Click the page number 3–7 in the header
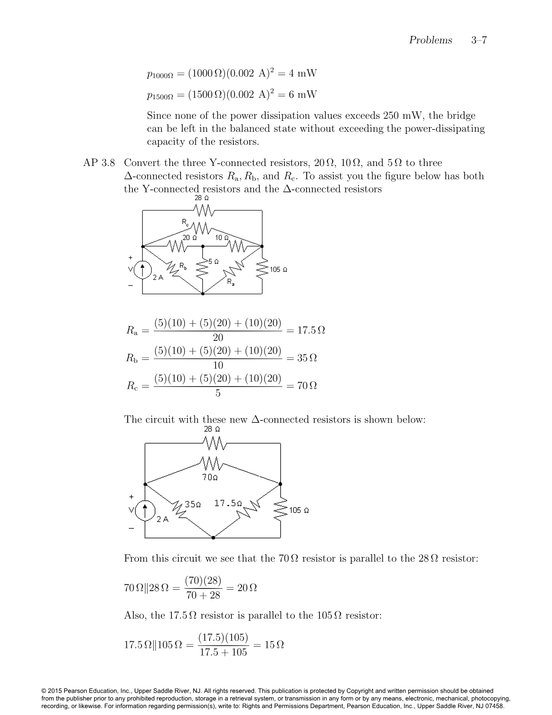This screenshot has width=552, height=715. pyautogui.click(x=479, y=40)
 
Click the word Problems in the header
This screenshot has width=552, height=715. pyautogui.click(x=430, y=40)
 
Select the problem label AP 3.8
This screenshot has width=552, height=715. pyautogui.click(x=99, y=163)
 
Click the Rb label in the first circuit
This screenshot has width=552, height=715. pyautogui.click(x=183, y=265)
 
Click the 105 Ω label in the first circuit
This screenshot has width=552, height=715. pyautogui.click(x=278, y=270)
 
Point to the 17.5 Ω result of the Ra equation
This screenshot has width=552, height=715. pyautogui.click(x=311, y=330)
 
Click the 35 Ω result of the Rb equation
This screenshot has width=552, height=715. pyautogui.click(x=307, y=358)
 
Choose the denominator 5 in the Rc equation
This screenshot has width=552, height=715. pyautogui.click(x=218, y=393)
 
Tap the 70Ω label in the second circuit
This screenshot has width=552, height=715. pyautogui.click(x=210, y=477)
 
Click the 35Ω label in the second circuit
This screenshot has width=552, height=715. pyautogui.click(x=193, y=504)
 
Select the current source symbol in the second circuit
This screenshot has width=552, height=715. pyautogui.click(x=145, y=511)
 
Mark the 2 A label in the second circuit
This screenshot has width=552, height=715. pyautogui.click(x=162, y=519)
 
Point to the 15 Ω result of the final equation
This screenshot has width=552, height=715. pyautogui.click(x=274, y=644)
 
